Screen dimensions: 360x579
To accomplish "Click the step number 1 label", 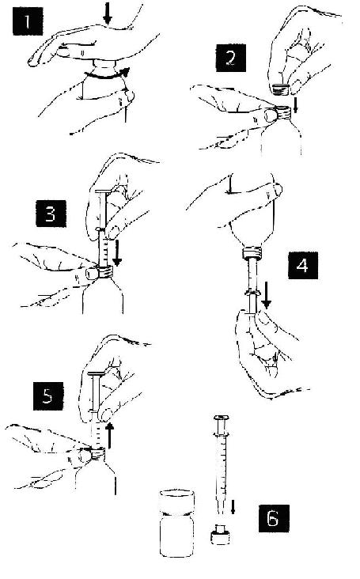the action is (x=28, y=21).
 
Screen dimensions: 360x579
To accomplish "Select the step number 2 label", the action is (x=231, y=58).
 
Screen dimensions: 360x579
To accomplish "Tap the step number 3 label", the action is (x=51, y=214).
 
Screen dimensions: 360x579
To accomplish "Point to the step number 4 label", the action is (x=303, y=265).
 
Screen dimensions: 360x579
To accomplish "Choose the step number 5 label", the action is (x=48, y=396).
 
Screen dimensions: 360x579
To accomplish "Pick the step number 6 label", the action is (x=274, y=518).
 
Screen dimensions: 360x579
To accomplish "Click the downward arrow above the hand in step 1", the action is (x=108, y=13).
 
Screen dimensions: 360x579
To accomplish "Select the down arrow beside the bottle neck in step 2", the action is (x=295, y=104).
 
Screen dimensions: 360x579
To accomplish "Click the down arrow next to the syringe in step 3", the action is (x=117, y=253).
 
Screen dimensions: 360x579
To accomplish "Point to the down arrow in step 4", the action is (x=266, y=295).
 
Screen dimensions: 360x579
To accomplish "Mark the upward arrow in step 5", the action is (x=110, y=436).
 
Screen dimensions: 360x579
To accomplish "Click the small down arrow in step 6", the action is (x=233, y=507).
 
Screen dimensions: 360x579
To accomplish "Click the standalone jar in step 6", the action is (x=177, y=523).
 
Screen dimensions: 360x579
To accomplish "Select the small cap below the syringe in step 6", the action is (x=221, y=535).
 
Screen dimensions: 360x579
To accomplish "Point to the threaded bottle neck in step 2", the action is (x=282, y=112).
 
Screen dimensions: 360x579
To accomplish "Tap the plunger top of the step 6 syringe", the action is (x=222, y=418).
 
